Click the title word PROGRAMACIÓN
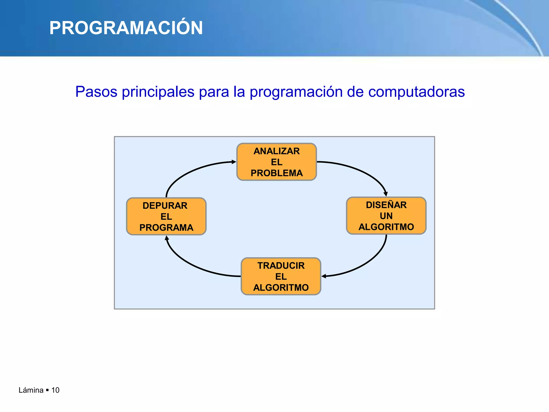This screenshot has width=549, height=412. (126, 28)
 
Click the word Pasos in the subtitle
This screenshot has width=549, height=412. (96, 92)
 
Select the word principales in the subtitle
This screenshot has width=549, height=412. (158, 92)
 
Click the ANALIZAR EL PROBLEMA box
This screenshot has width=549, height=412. (277, 162)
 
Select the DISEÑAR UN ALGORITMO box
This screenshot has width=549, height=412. (386, 216)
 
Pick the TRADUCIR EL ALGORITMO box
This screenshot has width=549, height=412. (281, 277)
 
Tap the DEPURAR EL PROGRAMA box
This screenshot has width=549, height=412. (166, 216)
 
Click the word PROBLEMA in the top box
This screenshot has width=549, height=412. (277, 173)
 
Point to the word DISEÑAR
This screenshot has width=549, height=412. (386, 205)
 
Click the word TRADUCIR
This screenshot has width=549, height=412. (281, 266)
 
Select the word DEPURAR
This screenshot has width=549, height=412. (165, 206)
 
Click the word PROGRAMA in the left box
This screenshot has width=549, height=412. (166, 228)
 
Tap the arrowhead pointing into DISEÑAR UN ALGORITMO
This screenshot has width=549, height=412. (385, 194)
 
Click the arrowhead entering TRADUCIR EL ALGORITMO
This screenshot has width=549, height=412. (324, 276)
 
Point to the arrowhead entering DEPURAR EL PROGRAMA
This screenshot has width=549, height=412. (167, 238)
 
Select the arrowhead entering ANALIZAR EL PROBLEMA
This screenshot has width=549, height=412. (234, 162)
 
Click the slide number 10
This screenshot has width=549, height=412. (55, 390)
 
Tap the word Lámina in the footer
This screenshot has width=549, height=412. (31, 390)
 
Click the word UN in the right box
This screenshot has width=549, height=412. (386, 216)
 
